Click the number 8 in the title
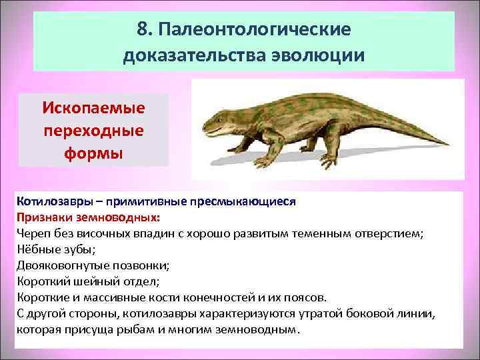pos(141,30)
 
